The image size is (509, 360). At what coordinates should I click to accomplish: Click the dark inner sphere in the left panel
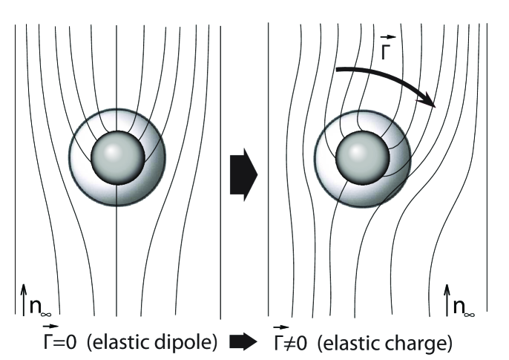(x=116, y=157)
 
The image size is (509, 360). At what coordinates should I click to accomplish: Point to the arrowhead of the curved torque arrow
(x=432, y=104)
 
